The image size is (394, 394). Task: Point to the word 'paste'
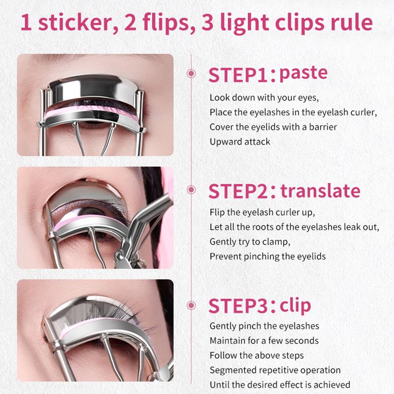click(303, 74)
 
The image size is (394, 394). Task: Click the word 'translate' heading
click(321, 191)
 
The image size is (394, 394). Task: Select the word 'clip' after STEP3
click(295, 305)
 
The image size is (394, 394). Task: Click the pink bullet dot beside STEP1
click(191, 73)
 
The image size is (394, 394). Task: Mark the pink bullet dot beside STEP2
click(191, 190)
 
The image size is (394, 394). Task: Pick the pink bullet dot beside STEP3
click(191, 305)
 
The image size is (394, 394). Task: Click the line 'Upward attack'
click(240, 142)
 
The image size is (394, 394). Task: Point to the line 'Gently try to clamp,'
click(250, 242)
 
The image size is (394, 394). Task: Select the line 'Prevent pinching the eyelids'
click(267, 257)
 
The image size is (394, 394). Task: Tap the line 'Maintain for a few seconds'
click(264, 341)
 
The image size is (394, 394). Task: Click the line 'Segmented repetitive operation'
click(275, 370)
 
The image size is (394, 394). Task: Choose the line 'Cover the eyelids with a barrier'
click(273, 127)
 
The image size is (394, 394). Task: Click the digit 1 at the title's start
click(26, 23)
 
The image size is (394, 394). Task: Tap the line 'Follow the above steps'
click(257, 356)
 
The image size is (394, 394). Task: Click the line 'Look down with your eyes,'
click(264, 98)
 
